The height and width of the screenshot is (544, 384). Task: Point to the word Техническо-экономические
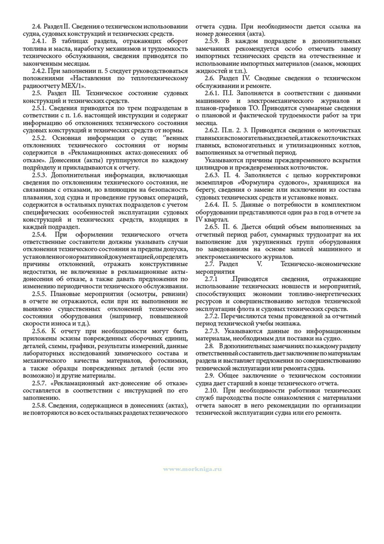point(320,264)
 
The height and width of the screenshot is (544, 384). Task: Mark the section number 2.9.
point(211,376)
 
